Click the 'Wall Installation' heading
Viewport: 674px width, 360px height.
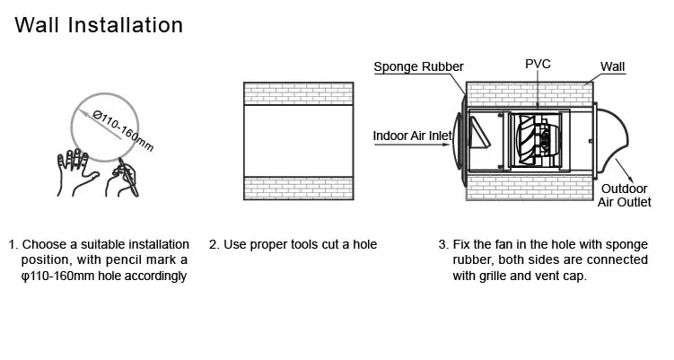(99, 24)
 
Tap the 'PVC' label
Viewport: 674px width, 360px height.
(538, 65)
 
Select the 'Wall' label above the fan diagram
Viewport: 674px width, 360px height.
(614, 66)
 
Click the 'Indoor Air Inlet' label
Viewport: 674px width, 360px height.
(412, 136)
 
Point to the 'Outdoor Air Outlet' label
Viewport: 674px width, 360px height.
(625, 196)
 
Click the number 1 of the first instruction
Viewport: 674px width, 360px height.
(13, 244)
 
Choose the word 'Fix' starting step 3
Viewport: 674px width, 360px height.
(463, 244)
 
